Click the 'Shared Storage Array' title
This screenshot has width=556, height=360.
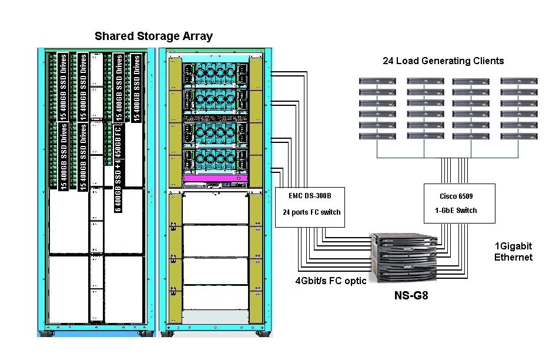pyautogui.click(x=153, y=36)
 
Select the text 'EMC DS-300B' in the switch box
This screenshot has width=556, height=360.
pyautogui.click(x=310, y=195)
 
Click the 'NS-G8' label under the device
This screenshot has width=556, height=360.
pyautogui.click(x=411, y=296)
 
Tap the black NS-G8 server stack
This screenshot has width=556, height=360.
pyautogui.click(x=406, y=259)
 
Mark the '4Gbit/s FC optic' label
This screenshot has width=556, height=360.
pyautogui.click(x=331, y=281)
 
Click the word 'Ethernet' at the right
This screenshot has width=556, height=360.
pyautogui.click(x=513, y=257)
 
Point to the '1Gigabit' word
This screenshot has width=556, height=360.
pyautogui.click(x=513, y=246)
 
